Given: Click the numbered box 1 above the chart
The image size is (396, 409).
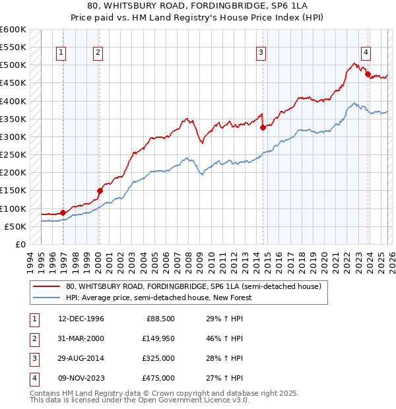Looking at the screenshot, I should pos(61,53).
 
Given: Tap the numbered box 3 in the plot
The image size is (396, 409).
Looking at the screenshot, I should pos(261,53).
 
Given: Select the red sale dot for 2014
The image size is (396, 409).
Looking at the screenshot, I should pos(263,127).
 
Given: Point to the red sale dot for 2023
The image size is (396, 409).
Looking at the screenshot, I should pos(368,74).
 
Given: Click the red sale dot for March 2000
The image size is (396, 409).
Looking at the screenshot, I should pos(100,191).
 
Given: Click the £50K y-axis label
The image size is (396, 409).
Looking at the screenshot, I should pos(15,226).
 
